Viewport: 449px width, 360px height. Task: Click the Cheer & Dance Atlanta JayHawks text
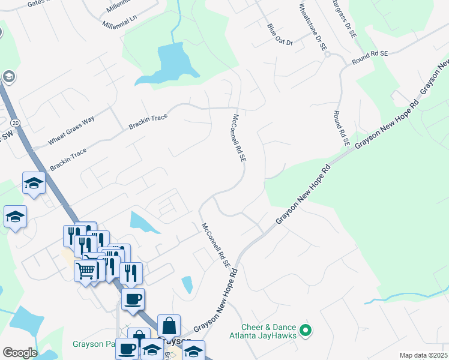click(x=268, y=331)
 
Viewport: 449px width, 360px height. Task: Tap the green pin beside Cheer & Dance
click(x=306, y=329)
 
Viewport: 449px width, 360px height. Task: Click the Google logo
click(x=19, y=352)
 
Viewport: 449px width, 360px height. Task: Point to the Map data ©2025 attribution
click(x=423, y=355)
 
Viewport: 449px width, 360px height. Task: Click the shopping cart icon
click(x=85, y=271)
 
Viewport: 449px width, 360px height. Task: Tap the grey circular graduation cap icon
click(x=8, y=76)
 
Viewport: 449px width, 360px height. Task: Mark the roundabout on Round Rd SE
click(x=328, y=54)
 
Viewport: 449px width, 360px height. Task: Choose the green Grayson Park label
click(x=92, y=344)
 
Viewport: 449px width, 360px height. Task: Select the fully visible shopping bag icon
click(x=169, y=326)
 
